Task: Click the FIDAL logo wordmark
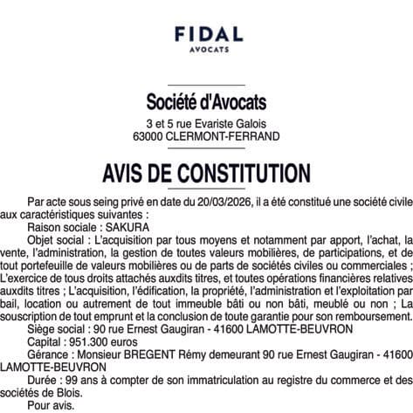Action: [207, 34]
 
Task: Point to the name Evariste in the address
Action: [210, 123]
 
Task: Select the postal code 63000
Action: [148, 136]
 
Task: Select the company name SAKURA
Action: [127, 224]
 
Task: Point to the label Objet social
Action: [56, 237]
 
